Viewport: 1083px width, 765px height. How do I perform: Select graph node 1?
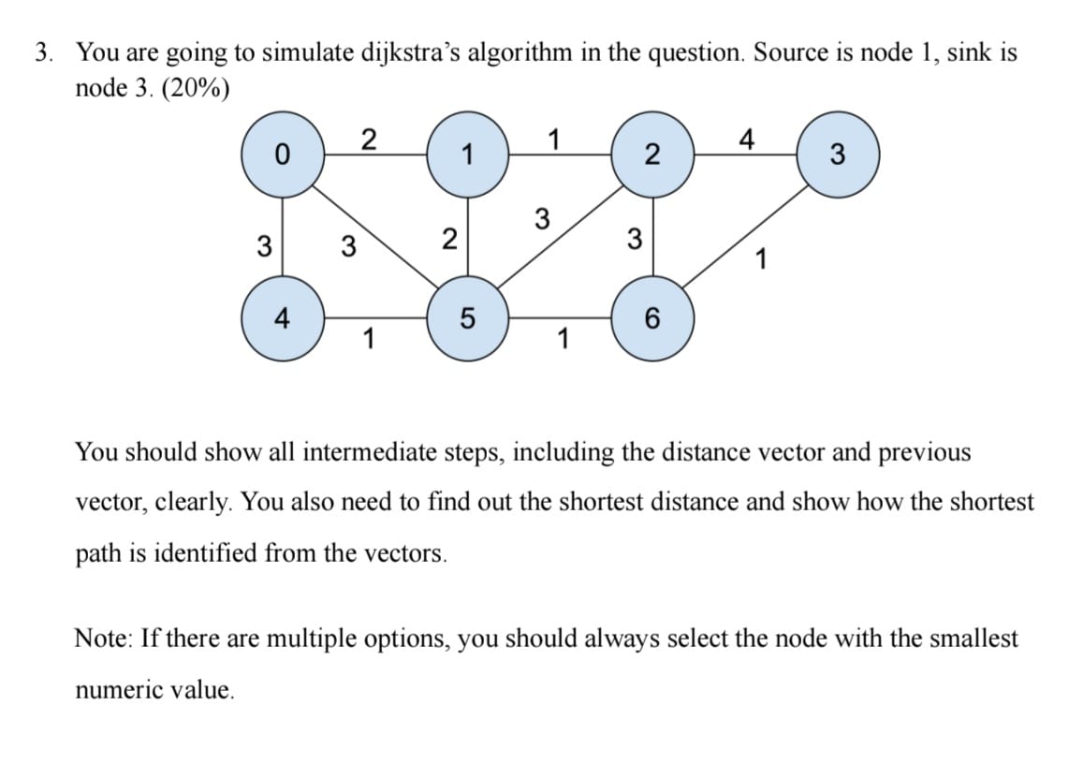tap(467, 154)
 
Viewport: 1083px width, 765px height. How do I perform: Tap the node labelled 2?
tap(651, 154)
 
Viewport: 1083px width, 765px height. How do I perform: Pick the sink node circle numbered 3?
tap(837, 154)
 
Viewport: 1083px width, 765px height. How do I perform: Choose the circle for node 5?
tap(467, 318)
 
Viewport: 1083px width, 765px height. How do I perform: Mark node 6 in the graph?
tap(651, 318)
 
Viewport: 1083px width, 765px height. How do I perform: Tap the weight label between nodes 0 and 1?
tap(369, 140)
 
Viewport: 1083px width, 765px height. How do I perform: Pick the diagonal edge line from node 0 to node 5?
tap(374, 236)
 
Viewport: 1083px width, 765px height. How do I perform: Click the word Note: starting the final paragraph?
tap(102, 640)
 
